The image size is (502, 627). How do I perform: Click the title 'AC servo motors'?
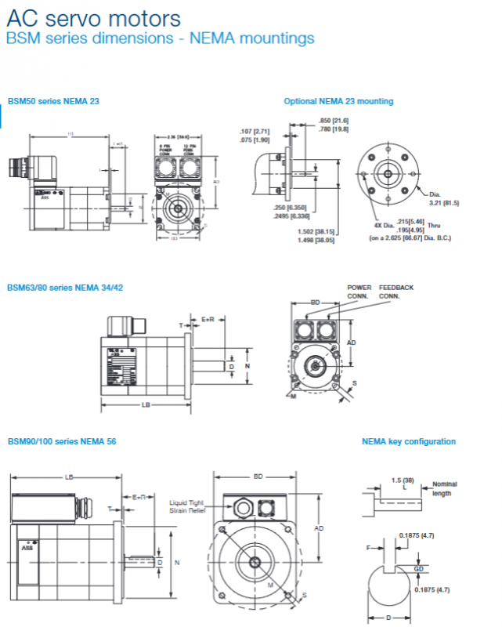pyautogui.click(x=93, y=17)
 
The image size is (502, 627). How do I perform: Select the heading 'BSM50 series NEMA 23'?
pyautogui.click(x=53, y=101)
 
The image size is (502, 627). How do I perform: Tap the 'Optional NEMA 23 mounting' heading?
pyautogui.click(x=338, y=101)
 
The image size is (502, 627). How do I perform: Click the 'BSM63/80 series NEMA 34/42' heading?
pyautogui.click(x=65, y=288)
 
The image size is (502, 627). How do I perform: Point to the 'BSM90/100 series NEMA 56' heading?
pyautogui.click(x=62, y=442)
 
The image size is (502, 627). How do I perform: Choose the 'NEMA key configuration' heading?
pyautogui.click(x=409, y=442)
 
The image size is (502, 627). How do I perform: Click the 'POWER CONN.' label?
pyautogui.click(x=359, y=292)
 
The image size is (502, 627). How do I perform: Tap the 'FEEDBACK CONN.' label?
pyautogui.click(x=396, y=292)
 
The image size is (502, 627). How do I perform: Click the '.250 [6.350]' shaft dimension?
pyautogui.click(x=291, y=207)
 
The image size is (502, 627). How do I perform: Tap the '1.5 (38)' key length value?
pyautogui.click(x=403, y=479)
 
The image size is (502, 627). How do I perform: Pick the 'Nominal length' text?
pyautogui.click(x=444, y=489)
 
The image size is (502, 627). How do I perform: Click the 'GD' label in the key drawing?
pyautogui.click(x=418, y=568)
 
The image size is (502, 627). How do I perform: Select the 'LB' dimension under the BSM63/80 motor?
pyautogui.click(x=146, y=404)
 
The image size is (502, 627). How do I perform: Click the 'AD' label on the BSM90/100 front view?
pyautogui.click(x=319, y=528)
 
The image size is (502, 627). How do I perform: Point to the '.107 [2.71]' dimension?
pyautogui.click(x=255, y=131)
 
